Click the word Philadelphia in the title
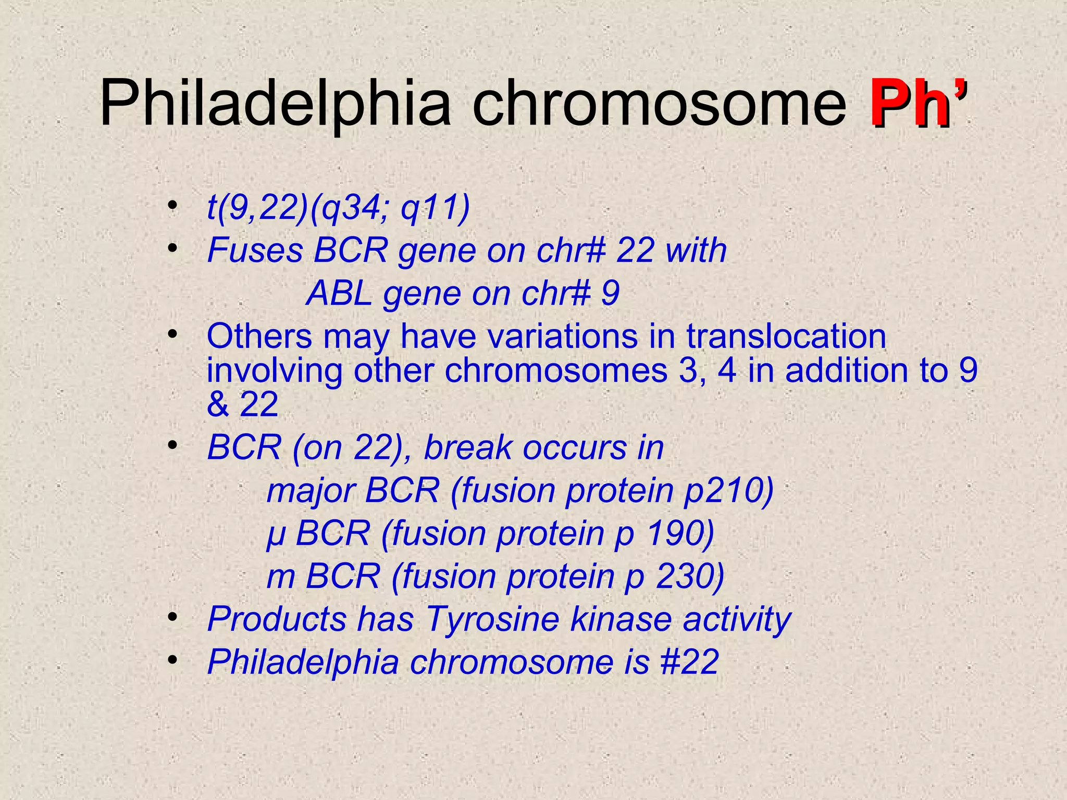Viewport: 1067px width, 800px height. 275,104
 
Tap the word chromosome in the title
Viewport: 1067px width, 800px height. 659,104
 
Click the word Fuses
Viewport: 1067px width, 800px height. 255,251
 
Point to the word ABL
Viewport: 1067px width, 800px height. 339,294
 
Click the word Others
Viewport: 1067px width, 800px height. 259,336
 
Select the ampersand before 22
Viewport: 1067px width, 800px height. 218,405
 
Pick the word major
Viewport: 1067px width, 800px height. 311,491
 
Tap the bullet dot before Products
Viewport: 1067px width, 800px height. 172,618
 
